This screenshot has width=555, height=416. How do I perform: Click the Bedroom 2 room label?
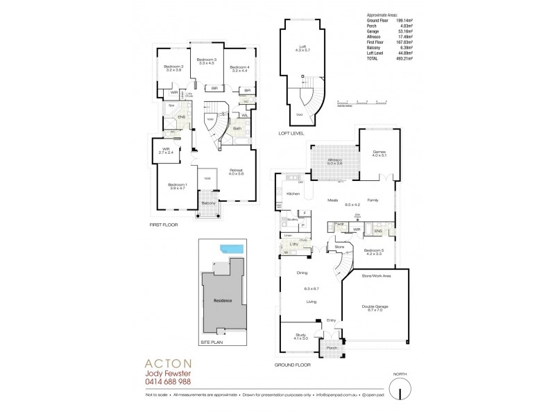point(173,67)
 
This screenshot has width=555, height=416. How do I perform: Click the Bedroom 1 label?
point(178,184)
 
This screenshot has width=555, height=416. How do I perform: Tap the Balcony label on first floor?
point(208,203)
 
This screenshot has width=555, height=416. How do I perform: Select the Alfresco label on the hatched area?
point(334,162)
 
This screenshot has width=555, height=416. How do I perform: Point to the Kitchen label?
point(293,194)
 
